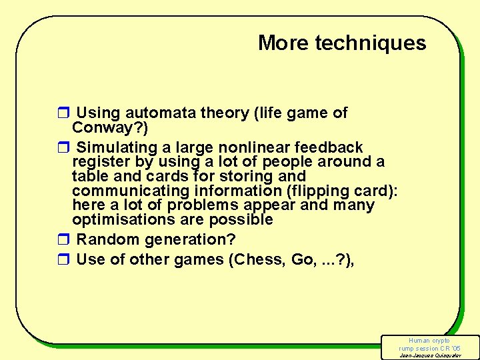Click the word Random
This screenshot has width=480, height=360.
[105, 239]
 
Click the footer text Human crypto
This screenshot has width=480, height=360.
[429, 341]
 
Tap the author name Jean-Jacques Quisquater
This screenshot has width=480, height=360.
[429, 355]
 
